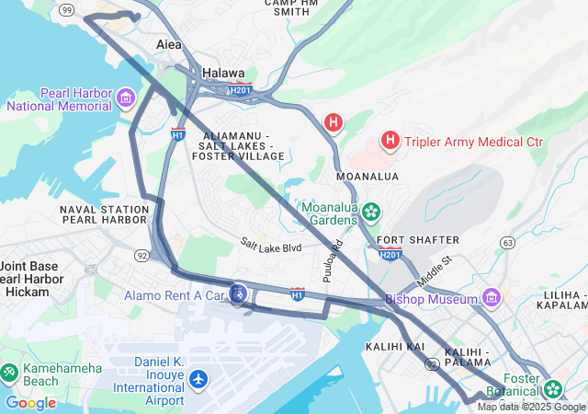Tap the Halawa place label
coord(223,73)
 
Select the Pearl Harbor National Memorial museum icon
coord(126,96)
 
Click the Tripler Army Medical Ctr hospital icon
coord(390,140)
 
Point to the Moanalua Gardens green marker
coord(371,213)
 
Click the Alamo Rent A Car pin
coord(238,294)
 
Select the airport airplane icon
coord(198,379)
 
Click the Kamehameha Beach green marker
coord(9,373)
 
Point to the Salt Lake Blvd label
coord(271,247)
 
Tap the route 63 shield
coord(507,242)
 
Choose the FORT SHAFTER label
coord(417,239)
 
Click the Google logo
coord(30,403)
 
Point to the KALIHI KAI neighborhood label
coord(394,346)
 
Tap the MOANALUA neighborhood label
coord(367,175)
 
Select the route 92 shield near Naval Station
coord(142,254)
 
